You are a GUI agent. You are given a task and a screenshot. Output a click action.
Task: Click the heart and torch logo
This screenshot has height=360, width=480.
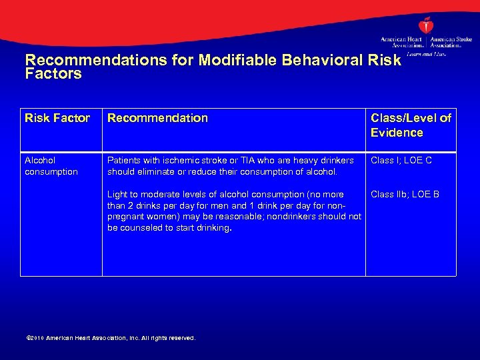point(425,25)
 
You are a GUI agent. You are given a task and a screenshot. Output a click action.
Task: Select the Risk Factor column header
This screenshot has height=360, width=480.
point(57,118)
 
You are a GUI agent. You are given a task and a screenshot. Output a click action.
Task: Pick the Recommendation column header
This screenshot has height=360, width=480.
point(158,118)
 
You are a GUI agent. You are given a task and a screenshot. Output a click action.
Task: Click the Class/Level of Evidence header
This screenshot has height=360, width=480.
point(411,125)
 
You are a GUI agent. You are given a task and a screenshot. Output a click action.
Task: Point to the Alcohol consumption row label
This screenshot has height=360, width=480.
point(51,166)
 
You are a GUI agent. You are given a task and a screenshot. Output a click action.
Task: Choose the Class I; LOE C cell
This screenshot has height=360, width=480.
point(401,160)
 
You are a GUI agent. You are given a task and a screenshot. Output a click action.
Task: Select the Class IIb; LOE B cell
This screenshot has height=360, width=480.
point(405,194)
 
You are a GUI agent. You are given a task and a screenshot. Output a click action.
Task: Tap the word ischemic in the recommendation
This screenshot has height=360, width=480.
point(177,160)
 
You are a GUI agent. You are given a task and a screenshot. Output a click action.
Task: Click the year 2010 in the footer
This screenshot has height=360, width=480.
point(37,339)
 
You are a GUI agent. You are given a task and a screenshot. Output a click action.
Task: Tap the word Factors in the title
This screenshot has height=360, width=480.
point(53,74)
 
